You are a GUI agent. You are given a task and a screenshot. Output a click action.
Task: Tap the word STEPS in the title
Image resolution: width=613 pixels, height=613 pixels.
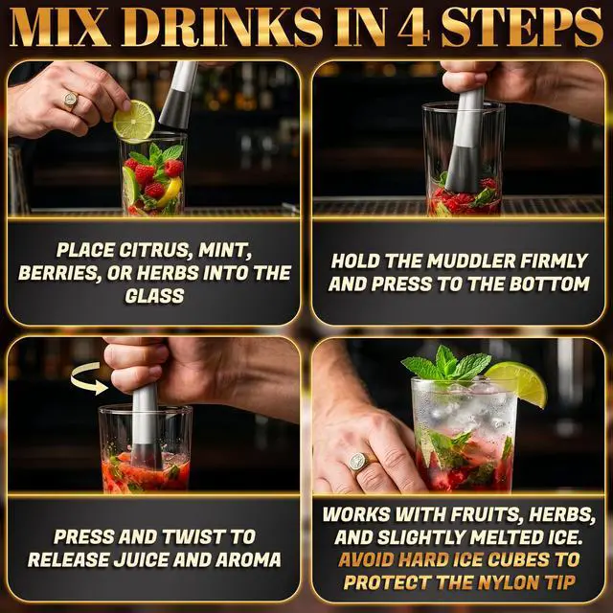point(522,28)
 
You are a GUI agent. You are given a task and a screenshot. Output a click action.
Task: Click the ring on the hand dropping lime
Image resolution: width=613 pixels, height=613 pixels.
point(71,100)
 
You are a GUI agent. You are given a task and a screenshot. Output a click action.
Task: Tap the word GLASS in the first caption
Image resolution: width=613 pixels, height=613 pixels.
point(154,296)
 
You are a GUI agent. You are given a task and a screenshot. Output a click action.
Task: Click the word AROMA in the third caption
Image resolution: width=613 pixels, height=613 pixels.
point(248,559)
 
